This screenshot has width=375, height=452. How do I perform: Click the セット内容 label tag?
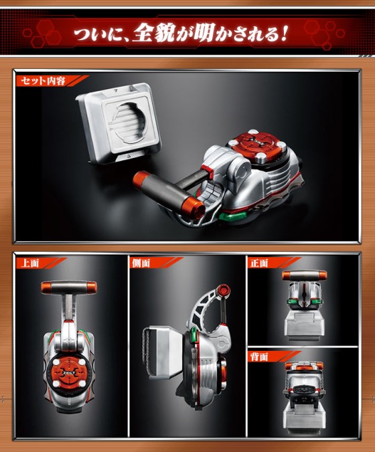coord(44,81)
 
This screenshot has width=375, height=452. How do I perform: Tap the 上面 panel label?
coord(30,263)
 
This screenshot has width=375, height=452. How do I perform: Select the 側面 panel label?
coord(141,263)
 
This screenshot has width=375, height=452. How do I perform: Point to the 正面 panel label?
coord(259,263)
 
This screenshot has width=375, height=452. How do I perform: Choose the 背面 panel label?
coord(259,357)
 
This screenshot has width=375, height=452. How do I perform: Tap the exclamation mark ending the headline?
coord(283,34)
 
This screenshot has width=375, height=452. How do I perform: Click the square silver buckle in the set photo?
coord(119,122)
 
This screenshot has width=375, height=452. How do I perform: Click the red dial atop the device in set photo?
coord(254,147)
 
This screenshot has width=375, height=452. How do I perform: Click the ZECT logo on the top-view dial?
coord(69,372)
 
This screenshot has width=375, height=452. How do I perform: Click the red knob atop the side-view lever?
coord(224,289)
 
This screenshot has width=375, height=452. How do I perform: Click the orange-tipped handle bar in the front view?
coord(305,276)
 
